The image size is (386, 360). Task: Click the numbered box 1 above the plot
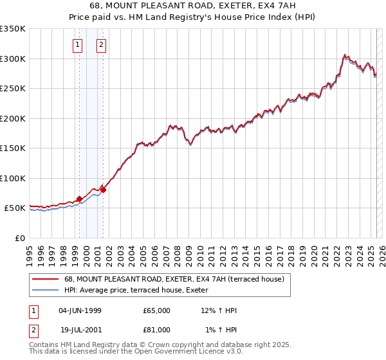[x=78, y=45]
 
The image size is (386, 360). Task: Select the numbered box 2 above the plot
[x=102, y=45]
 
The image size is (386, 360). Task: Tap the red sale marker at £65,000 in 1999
[x=79, y=199]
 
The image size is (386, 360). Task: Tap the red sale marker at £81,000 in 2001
[x=103, y=190]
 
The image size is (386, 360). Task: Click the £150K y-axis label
[x=13, y=148]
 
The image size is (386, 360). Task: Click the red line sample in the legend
[x=44, y=279]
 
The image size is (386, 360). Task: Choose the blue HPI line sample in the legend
[x=44, y=291]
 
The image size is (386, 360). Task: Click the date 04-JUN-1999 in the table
[x=80, y=310]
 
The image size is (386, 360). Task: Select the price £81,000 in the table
[x=157, y=330]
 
